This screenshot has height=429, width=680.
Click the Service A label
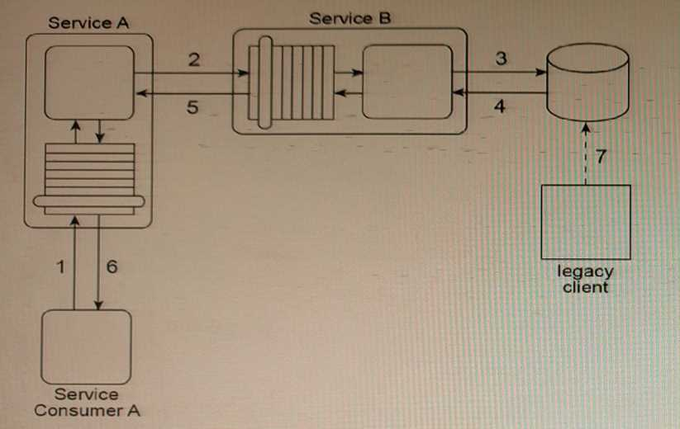[88, 22]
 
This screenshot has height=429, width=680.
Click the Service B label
[350, 18]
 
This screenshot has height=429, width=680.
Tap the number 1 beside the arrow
[59, 266]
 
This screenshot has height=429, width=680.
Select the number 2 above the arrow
[193, 59]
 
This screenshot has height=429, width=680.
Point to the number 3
[500, 59]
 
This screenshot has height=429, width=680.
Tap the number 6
[112, 266]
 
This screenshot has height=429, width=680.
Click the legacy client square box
[586, 222]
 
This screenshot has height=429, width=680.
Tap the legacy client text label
[586, 279]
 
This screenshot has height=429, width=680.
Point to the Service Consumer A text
[86, 403]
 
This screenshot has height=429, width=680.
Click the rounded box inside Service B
[407, 82]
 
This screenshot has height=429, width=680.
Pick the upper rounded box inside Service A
[89, 82]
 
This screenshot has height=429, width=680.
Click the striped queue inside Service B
[297, 82]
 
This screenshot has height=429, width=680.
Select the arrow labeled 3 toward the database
[500, 71]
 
